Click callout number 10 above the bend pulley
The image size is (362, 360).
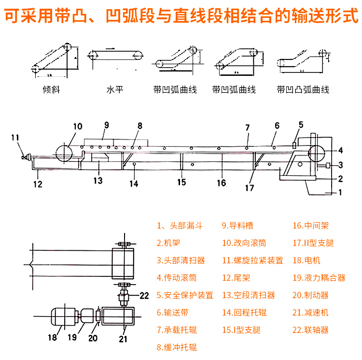tap(78, 127)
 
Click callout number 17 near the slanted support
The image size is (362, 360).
tap(249, 188)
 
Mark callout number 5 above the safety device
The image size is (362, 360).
tap(301, 125)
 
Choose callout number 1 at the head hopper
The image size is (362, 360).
tap(340, 193)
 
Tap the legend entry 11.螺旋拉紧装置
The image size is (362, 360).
tap(252, 260)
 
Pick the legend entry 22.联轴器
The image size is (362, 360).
tap(310, 330)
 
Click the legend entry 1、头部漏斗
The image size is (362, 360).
tap(180, 226)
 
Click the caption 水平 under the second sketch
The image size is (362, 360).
tap(115, 90)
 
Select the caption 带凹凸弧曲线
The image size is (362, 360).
tap(303, 90)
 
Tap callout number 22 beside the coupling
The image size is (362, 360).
tap(145, 295)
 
